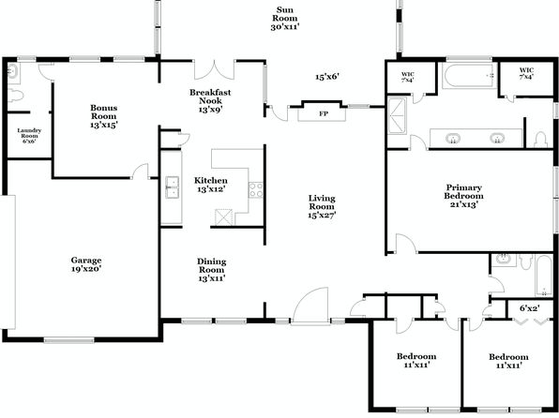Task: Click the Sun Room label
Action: (x=285, y=18)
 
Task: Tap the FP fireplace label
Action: (x=324, y=114)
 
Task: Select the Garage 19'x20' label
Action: (x=86, y=265)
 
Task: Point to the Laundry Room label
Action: (x=29, y=136)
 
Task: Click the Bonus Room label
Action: (x=104, y=116)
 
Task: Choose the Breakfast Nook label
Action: (x=210, y=101)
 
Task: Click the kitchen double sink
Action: (x=173, y=187)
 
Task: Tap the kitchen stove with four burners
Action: (x=256, y=189)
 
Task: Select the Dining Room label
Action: (x=212, y=270)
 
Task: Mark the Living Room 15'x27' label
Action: (x=322, y=206)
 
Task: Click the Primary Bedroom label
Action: (x=463, y=196)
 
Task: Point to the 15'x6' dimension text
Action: (x=327, y=77)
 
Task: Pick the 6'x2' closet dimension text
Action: (x=529, y=308)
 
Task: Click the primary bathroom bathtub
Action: (x=469, y=76)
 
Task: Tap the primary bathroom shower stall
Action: (x=397, y=115)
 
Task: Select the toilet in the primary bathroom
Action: (x=540, y=140)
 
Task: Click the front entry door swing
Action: (x=310, y=305)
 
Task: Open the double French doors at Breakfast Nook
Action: (x=214, y=70)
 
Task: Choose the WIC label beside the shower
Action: (x=407, y=77)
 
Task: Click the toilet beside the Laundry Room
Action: (x=15, y=96)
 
